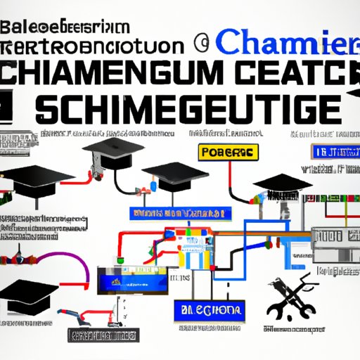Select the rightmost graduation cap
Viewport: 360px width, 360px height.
[x=281, y=184]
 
